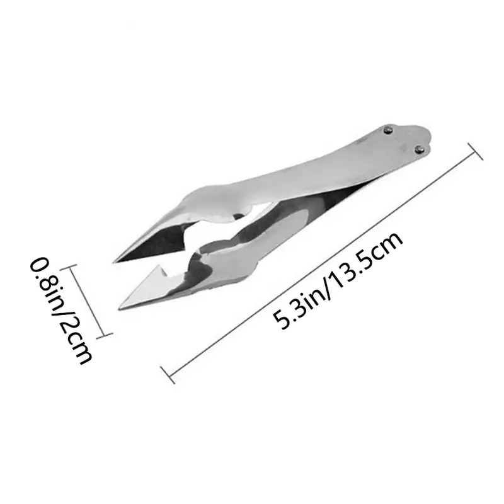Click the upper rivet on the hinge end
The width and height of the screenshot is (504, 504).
click(389, 130)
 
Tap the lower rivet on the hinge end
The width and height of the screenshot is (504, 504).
click(419, 149)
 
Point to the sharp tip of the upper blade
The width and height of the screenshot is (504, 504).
click(113, 263)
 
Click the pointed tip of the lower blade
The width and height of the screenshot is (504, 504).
click(119, 309)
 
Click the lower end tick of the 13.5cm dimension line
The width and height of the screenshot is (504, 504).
click(168, 375)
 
